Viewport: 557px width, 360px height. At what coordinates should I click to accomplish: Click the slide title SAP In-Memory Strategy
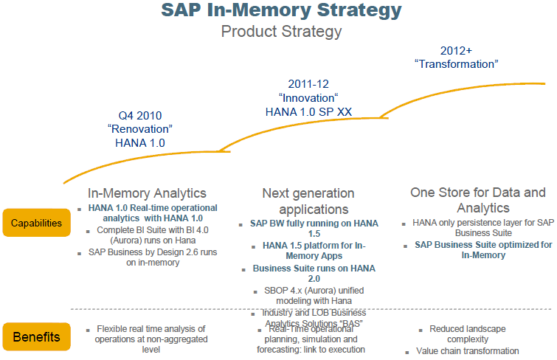(282, 11)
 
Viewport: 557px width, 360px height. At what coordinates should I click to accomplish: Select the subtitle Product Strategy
(282, 32)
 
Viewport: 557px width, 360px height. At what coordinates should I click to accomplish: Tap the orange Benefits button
(36, 337)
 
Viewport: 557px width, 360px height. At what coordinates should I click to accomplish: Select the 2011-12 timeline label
(308, 84)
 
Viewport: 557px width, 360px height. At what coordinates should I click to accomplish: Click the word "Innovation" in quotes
(308, 97)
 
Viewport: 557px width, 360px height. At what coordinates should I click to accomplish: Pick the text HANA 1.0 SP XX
(308, 111)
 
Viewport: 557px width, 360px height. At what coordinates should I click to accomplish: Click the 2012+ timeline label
(457, 50)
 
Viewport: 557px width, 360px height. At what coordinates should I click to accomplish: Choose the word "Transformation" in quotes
(457, 64)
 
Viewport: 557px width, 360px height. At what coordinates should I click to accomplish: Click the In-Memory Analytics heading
(147, 193)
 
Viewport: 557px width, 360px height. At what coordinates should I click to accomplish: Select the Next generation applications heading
(308, 201)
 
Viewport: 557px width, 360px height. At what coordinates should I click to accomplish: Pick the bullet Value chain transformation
(468, 351)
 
